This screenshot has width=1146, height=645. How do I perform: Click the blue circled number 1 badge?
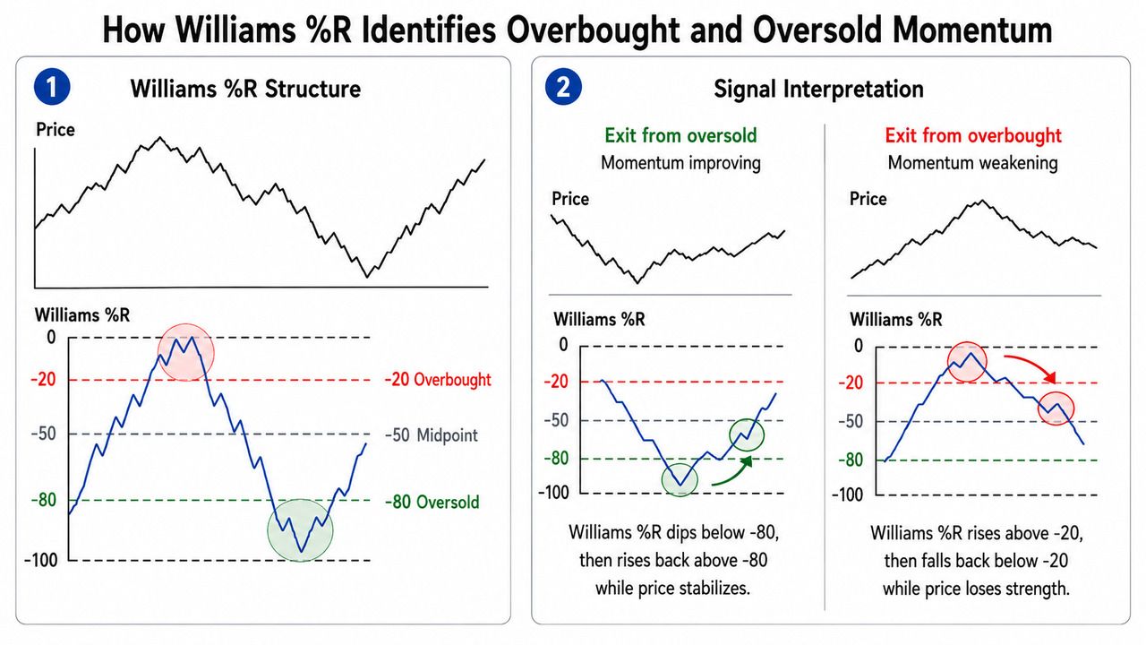click(x=52, y=87)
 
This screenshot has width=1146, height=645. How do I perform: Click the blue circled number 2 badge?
click(x=563, y=87)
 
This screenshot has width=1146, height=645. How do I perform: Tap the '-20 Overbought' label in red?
click(x=438, y=380)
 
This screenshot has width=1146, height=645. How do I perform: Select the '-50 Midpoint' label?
click(x=432, y=435)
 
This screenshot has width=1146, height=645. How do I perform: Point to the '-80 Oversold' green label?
click(x=432, y=502)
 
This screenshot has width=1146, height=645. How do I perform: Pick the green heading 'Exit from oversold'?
click(x=680, y=135)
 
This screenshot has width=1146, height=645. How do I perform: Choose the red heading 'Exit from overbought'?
click(x=973, y=135)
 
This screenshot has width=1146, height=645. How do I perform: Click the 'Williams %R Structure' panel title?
click(x=245, y=89)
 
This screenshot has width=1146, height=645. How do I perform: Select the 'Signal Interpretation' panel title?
click(x=818, y=89)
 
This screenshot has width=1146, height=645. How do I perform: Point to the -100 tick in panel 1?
click(x=41, y=560)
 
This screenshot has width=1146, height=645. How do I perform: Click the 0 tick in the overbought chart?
click(x=859, y=346)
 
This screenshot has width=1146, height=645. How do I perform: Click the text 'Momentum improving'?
click(x=680, y=163)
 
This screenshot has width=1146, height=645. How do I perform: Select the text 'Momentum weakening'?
click(x=972, y=163)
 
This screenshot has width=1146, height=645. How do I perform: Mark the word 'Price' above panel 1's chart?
click(x=56, y=130)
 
